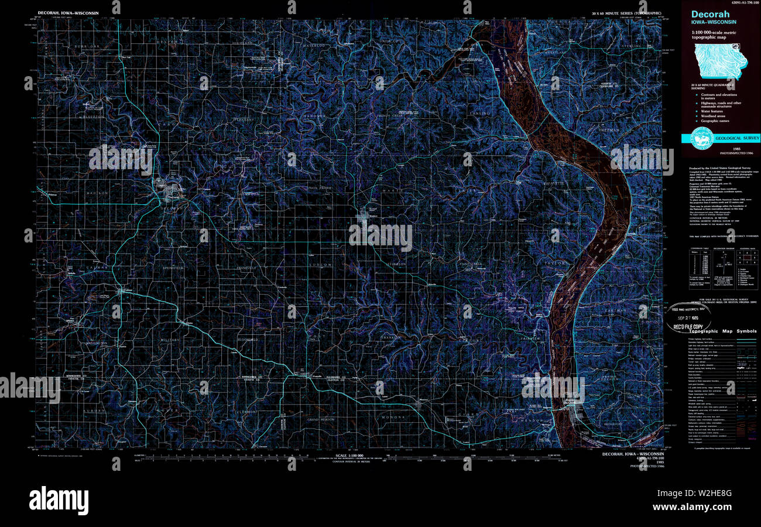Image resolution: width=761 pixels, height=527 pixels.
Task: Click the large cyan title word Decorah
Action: (x=711, y=15)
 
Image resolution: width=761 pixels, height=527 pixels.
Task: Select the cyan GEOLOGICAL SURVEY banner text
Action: (x=736, y=139)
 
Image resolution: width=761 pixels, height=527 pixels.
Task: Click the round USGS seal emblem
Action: (x=701, y=138)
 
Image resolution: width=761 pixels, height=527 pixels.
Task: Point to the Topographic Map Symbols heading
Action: (x=723, y=331)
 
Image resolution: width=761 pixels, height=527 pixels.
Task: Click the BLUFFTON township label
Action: (x=91, y=116)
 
